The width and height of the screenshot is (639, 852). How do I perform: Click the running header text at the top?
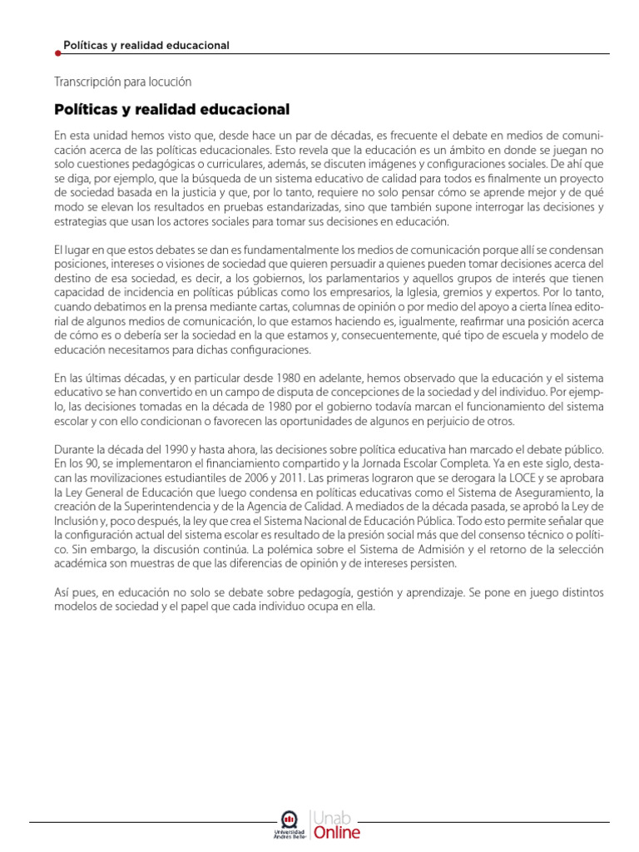[146, 45]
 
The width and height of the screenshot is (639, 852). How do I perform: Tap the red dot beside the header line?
[57, 54]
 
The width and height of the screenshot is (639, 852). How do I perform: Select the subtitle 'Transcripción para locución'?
[122, 82]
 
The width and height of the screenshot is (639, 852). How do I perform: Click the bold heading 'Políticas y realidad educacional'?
[171, 109]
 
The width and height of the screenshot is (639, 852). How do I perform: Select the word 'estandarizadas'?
[318, 207]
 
